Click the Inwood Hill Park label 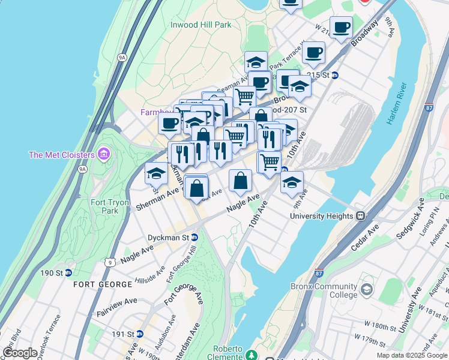point(201,25)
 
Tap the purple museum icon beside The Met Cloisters point(104,155)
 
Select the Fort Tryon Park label point(110,206)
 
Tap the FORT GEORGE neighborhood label point(103,284)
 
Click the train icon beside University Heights point(361,216)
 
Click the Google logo point(20,353)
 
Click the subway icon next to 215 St point(335,75)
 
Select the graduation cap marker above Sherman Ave point(157,173)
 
